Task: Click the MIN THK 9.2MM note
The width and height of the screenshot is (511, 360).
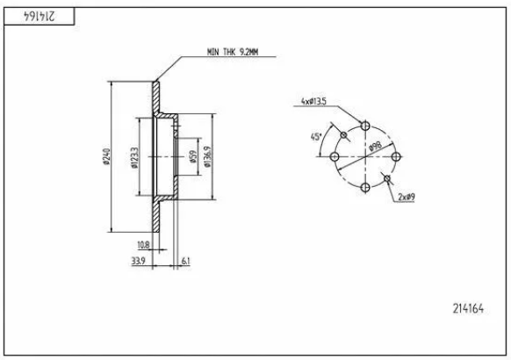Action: pyautogui.click(x=233, y=52)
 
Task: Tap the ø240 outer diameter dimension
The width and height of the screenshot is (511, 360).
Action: pyautogui.click(x=106, y=156)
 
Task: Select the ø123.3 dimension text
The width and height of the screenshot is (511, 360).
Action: pyautogui.click(x=134, y=158)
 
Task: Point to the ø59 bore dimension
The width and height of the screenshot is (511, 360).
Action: pyautogui.click(x=192, y=156)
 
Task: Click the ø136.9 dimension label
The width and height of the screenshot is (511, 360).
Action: pyautogui.click(x=207, y=156)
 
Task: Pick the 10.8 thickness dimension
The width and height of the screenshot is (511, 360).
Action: pyautogui.click(x=143, y=245)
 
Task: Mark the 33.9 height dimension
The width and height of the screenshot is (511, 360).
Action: pyautogui.click(x=138, y=261)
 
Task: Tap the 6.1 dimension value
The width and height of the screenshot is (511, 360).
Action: pyautogui.click(x=186, y=261)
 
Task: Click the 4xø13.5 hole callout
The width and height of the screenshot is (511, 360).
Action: pyautogui.click(x=313, y=101)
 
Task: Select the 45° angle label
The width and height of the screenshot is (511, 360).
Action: pyautogui.click(x=316, y=137)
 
